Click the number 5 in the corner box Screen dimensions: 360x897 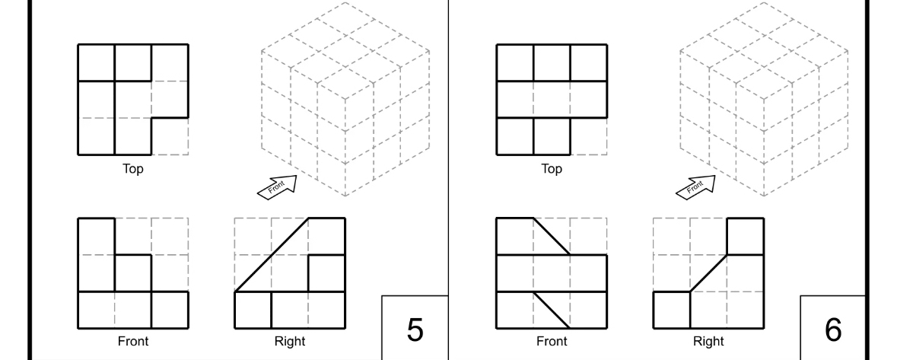point(415,329)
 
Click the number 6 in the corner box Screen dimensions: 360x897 point(833,329)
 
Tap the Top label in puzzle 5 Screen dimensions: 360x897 point(133,169)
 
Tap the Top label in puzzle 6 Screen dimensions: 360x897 point(552,169)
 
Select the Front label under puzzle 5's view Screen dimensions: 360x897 point(133,341)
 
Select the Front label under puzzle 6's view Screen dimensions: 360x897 point(552,341)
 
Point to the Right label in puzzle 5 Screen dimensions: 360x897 point(290,341)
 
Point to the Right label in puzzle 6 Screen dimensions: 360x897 point(708,341)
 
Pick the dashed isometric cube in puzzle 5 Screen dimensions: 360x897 point(345,99)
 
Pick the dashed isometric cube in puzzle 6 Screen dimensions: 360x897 point(764,99)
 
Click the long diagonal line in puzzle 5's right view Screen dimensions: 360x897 point(272,255)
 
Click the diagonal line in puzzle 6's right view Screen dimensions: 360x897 point(708,273)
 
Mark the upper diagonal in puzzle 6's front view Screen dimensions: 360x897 point(552,237)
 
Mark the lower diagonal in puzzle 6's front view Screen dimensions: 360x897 point(552,310)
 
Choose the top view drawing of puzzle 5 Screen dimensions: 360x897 point(133,100)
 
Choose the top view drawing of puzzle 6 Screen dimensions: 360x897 point(552,100)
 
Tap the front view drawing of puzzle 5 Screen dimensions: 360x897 point(133,272)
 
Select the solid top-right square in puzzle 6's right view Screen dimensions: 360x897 point(746,237)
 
